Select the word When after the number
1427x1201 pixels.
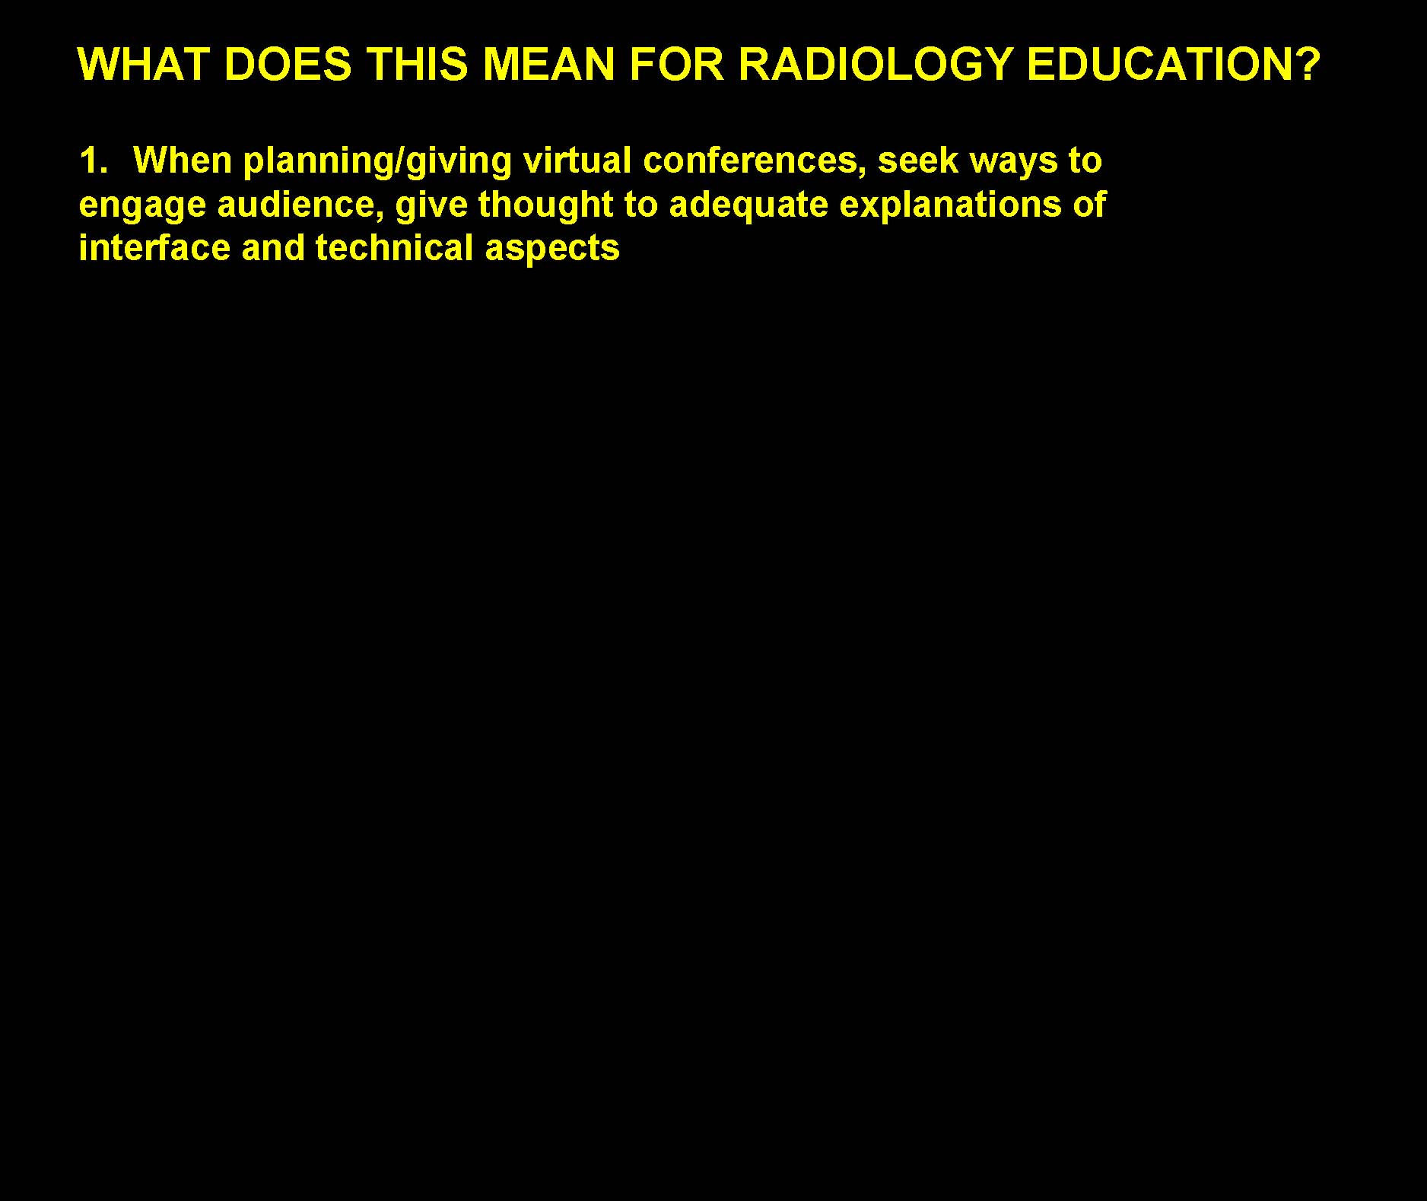(182, 160)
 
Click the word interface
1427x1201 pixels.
(154, 248)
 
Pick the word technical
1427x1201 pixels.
(394, 248)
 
